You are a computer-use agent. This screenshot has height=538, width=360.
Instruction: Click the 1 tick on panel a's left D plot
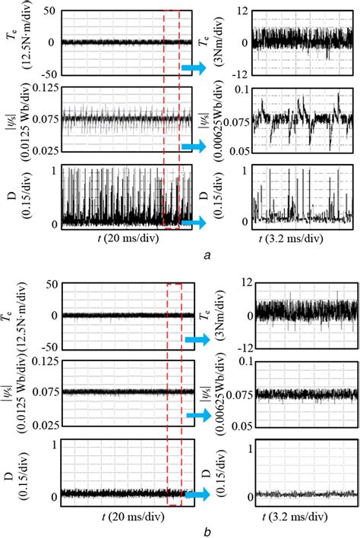pos(54,169)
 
